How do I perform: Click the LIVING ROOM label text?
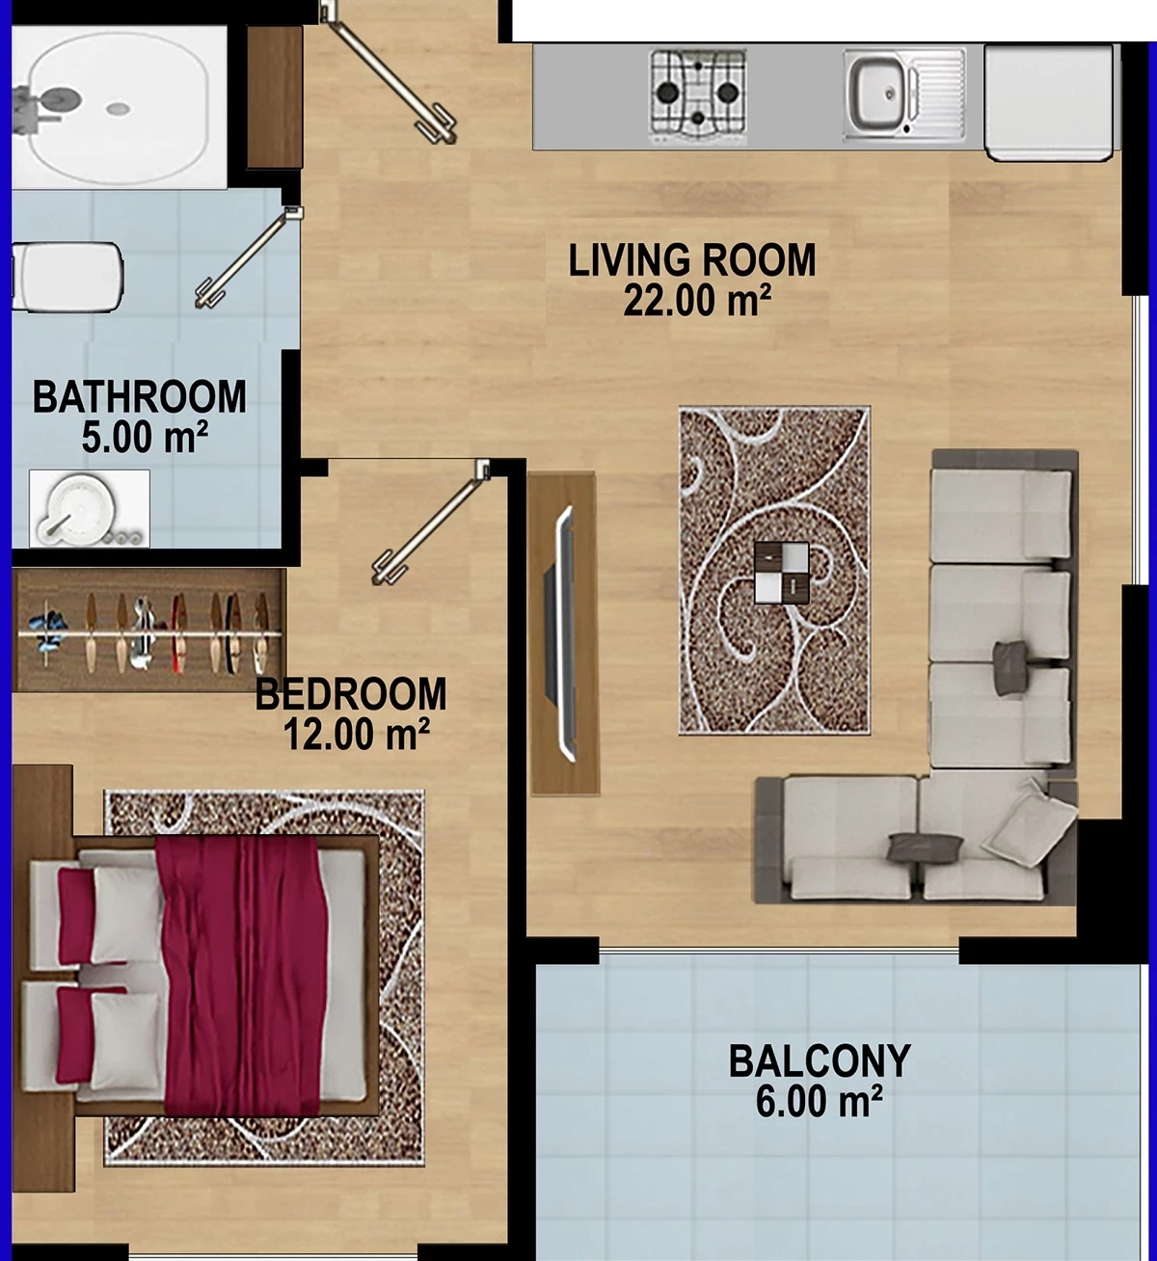pyautogui.click(x=692, y=260)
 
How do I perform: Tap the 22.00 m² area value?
pyautogui.click(x=697, y=300)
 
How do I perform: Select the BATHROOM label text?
pyautogui.click(x=140, y=397)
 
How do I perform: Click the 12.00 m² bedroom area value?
pyautogui.click(x=356, y=734)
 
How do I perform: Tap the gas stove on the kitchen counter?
pyautogui.click(x=698, y=96)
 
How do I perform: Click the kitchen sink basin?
pyautogui.click(x=877, y=94)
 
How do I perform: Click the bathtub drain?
pyautogui.click(x=119, y=109)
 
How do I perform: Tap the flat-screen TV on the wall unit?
pyautogui.click(x=561, y=632)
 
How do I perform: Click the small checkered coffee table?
pyautogui.click(x=782, y=573)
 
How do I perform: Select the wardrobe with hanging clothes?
pyautogui.click(x=149, y=631)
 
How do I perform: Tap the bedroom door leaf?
pyautogui.click(x=430, y=523)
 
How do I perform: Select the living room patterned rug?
pyautogui.click(x=774, y=570)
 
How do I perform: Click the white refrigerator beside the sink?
pyautogui.click(x=1051, y=102)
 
